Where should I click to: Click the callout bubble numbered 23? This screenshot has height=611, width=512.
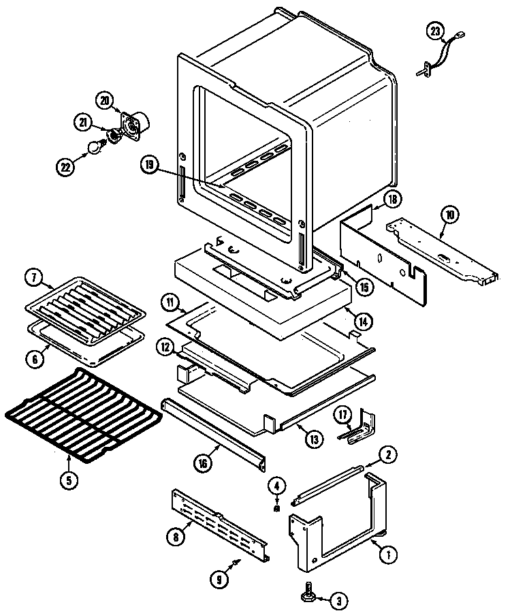(436, 30)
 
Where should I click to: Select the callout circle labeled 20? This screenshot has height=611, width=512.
(104, 101)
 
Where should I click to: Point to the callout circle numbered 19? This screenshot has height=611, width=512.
(150, 164)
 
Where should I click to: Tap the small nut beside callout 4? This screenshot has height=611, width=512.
(276, 507)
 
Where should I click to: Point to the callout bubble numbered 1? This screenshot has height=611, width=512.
(388, 554)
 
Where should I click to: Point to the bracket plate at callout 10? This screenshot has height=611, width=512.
(436, 248)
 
